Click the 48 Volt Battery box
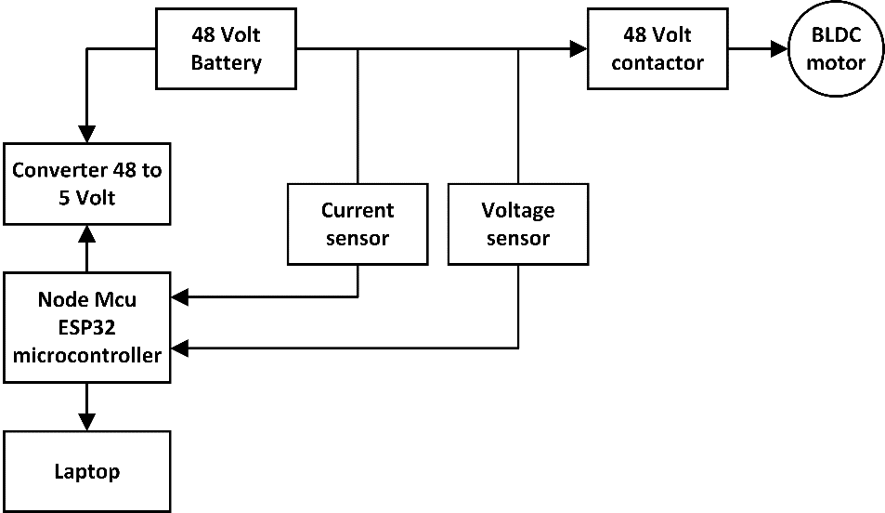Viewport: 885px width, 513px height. (227, 49)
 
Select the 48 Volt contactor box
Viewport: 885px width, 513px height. (657, 49)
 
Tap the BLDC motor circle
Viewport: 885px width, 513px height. (836, 49)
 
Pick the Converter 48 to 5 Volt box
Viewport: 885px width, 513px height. (87, 184)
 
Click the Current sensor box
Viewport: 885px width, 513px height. (358, 224)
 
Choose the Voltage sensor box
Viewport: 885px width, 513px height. (517, 224)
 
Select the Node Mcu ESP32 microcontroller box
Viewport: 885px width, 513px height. (87, 327)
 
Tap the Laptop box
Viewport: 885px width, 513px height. (87, 471)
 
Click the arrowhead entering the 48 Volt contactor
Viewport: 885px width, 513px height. (579, 49)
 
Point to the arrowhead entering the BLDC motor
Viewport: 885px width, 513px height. (778, 49)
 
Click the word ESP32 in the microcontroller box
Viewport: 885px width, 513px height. (87, 327)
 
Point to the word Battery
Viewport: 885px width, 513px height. (227, 63)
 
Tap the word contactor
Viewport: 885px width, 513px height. (657, 63)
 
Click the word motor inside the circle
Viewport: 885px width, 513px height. (836, 63)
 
